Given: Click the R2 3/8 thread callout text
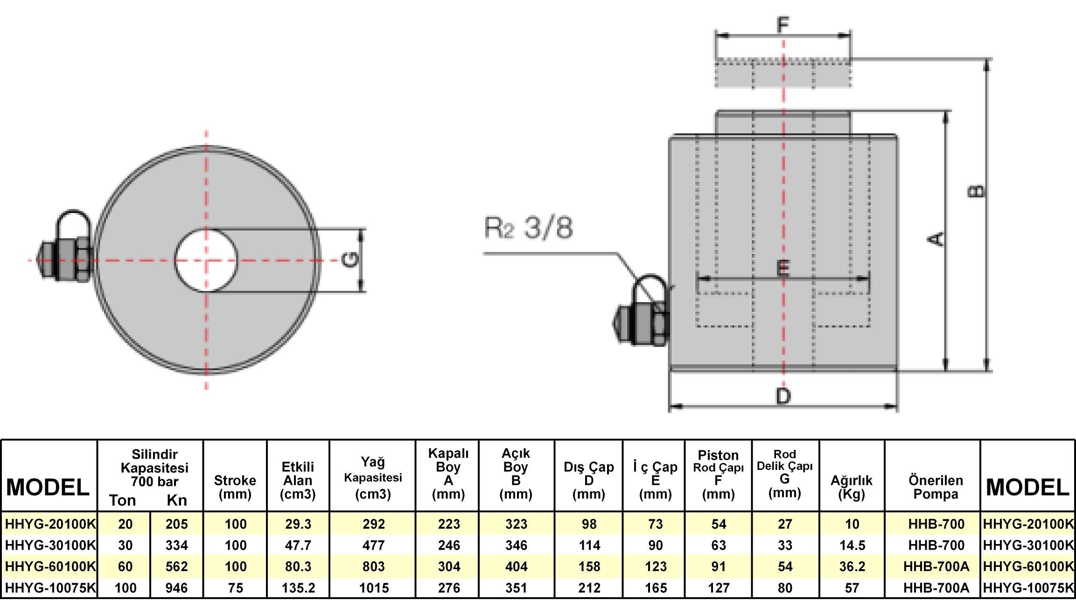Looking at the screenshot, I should (x=529, y=228).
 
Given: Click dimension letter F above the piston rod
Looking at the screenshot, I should (x=783, y=24).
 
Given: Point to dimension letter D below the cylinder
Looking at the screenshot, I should (x=783, y=396).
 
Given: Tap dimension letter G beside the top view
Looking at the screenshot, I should (x=350, y=260).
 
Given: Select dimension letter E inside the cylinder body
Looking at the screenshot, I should (x=783, y=268).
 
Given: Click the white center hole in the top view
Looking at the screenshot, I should (x=206, y=260).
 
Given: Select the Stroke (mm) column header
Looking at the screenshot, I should (x=235, y=487).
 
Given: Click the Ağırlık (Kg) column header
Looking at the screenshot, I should (x=852, y=487).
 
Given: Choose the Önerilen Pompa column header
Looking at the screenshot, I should (x=936, y=487).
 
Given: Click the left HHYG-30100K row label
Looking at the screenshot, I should (x=50, y=545).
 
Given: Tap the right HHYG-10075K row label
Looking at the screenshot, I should (x=1028, y=588).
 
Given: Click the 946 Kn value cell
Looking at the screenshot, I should (x=176, y=588).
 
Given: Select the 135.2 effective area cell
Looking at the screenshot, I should (x=298, y=588).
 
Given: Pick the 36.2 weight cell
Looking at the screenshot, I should (x=852, y=566).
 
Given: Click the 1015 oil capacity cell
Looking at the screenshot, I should (x=374, y=588).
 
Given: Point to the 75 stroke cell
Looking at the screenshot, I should (x=235, y=588).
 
